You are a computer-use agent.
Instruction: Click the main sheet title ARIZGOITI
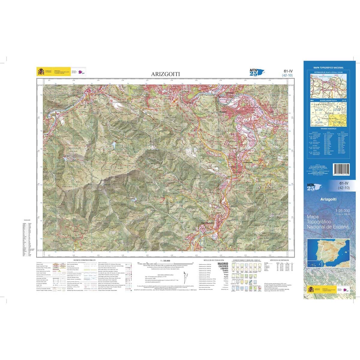(x=163, y=74)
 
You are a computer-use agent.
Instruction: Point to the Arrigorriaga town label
(x=248, y=162)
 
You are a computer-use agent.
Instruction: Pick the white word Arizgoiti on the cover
(x=328, y=199)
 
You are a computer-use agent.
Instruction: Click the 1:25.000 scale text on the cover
(x=343, y=210)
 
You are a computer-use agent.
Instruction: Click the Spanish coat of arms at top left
(x=40, y=72)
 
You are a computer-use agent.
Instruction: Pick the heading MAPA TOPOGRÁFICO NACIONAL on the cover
(x=328, y=68)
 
